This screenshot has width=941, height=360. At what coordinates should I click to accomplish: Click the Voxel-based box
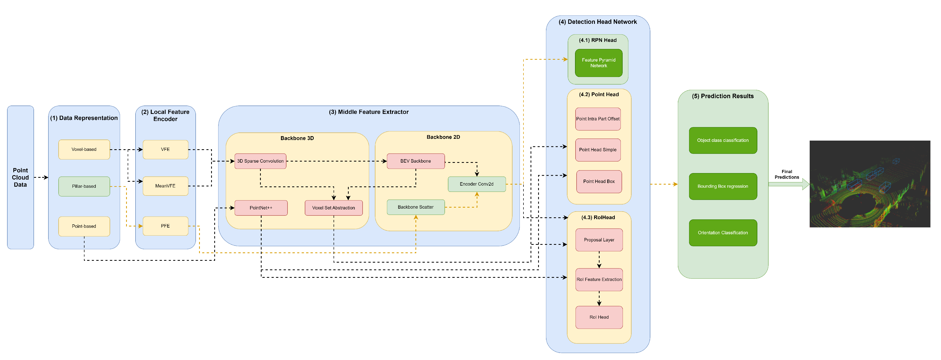pos(84,149)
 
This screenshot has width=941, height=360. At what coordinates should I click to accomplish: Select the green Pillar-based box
pos(84,186)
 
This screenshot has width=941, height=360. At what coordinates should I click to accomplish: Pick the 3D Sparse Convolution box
pos(260,161)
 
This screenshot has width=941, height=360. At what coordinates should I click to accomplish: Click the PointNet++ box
pos(261,208)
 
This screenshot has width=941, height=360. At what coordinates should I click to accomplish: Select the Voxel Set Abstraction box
pos(334,208)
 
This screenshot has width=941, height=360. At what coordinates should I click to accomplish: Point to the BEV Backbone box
pos(415,161)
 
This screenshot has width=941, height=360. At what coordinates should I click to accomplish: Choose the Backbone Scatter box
pos(415,207)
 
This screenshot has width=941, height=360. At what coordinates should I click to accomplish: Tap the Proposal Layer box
pos(599,240)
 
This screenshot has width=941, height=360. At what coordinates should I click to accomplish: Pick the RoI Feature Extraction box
pos(599,280)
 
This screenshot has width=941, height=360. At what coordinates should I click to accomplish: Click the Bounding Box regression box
pos(723,186)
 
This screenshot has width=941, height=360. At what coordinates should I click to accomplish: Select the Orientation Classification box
pos(723,233)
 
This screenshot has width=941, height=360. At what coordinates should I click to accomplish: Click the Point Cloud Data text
pos(20,178)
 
